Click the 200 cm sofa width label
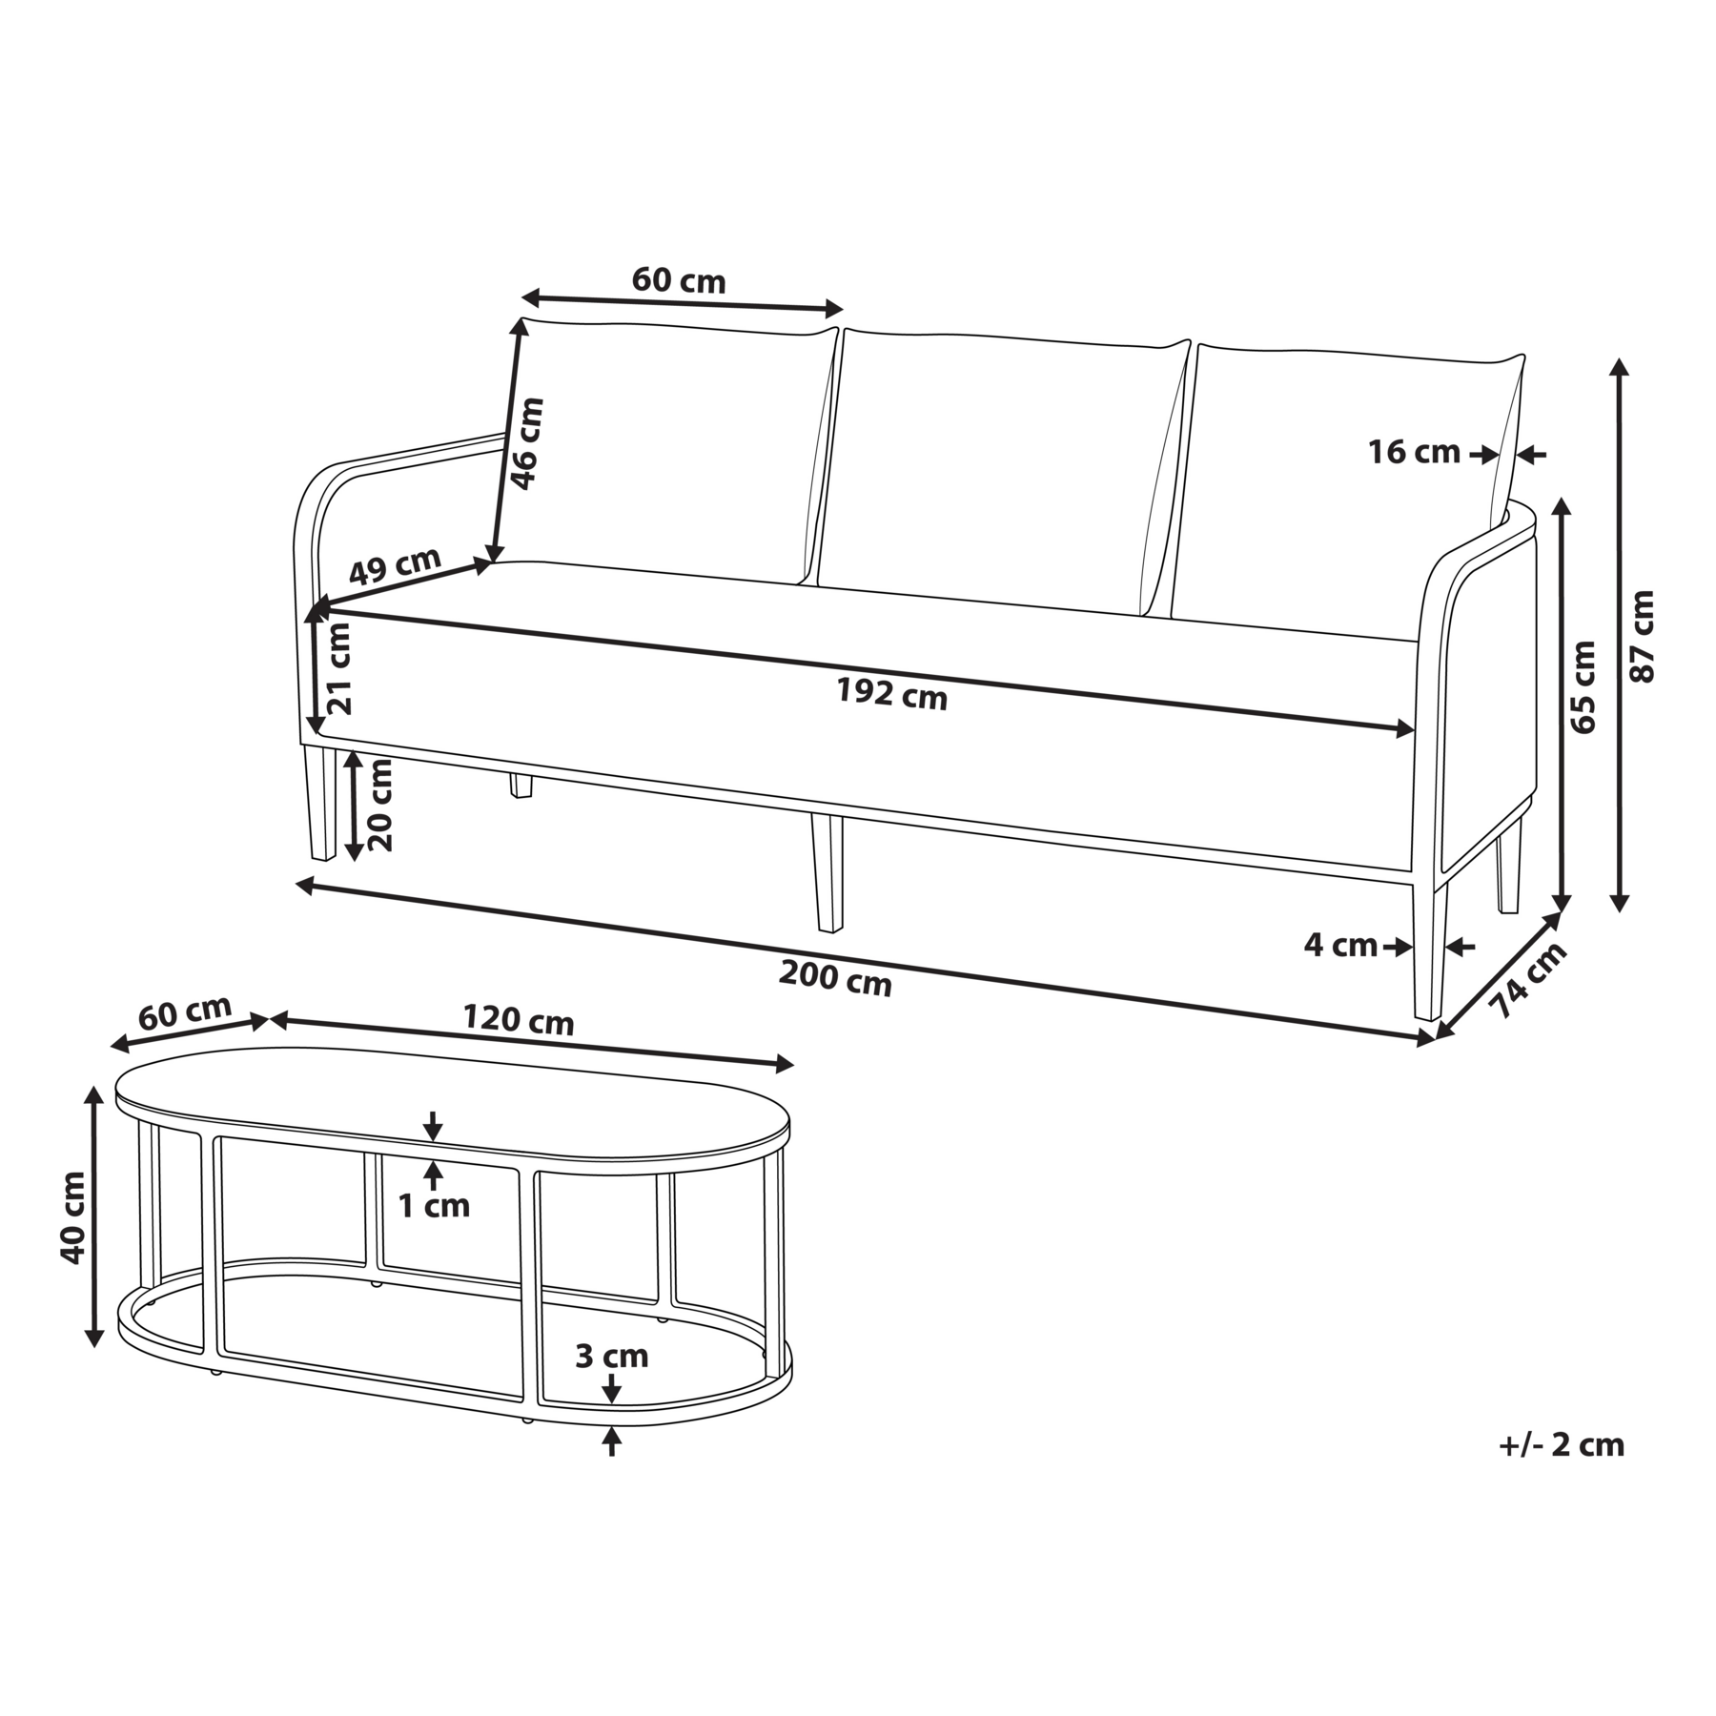pos(835,978)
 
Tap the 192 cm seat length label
pos(891,694)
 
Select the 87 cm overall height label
pos(1642,636)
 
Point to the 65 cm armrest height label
pos(1582,686)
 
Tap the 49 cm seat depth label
pos(394,566)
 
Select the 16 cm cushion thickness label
pos(1414,452)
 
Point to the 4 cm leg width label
pos(1340,946)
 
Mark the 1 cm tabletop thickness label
pos(434,1206)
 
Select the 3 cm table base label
pos(611,1356)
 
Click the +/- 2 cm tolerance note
pos(1562,1444)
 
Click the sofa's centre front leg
pos(827,872)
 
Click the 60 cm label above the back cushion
pos(679,280)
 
